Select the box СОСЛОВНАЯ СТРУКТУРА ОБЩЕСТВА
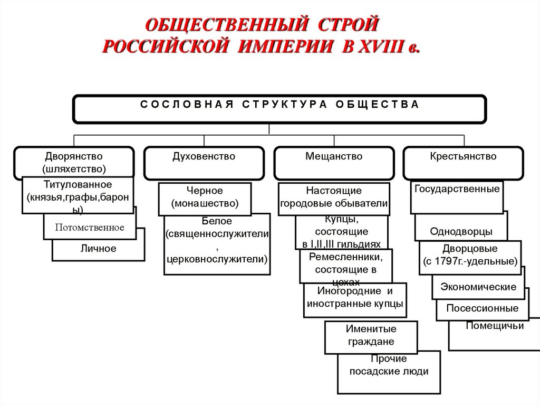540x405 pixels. pos(279,108)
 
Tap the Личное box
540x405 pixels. pos(99,248)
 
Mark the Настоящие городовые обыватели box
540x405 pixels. pos(334,197)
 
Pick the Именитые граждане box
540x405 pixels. pos(371,336)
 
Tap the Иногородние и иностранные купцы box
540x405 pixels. pos(355,298)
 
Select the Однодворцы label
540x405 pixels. pos(461,231)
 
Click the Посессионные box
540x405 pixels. pos(482,308)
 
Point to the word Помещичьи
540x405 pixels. pos(495,326)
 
